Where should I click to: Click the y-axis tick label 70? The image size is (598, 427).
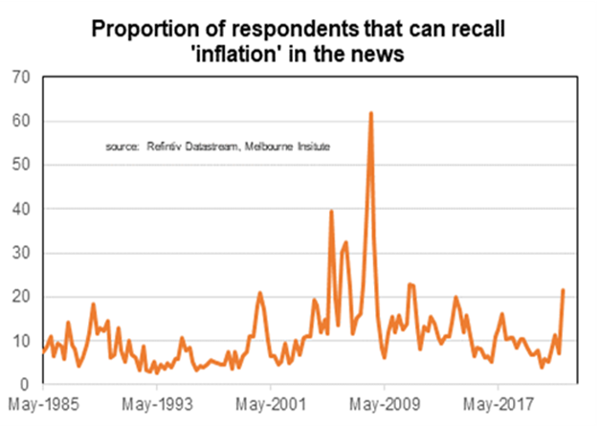(20, 77)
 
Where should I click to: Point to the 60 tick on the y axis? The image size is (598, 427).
(20, 121)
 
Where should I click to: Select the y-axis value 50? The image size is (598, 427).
(20, 165)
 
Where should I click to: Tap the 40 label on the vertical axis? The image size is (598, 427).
(20, 209)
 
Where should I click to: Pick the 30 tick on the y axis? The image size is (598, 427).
(20, 253)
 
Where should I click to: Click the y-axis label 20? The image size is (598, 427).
(20, 297)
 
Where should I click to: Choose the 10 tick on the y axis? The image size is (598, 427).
(20, 341)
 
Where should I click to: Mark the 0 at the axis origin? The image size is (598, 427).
(25, 385)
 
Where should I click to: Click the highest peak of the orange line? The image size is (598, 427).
(370, 113)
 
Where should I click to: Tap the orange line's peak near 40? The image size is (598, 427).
(331, 211)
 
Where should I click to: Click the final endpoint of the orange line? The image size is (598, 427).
(564, 289)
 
